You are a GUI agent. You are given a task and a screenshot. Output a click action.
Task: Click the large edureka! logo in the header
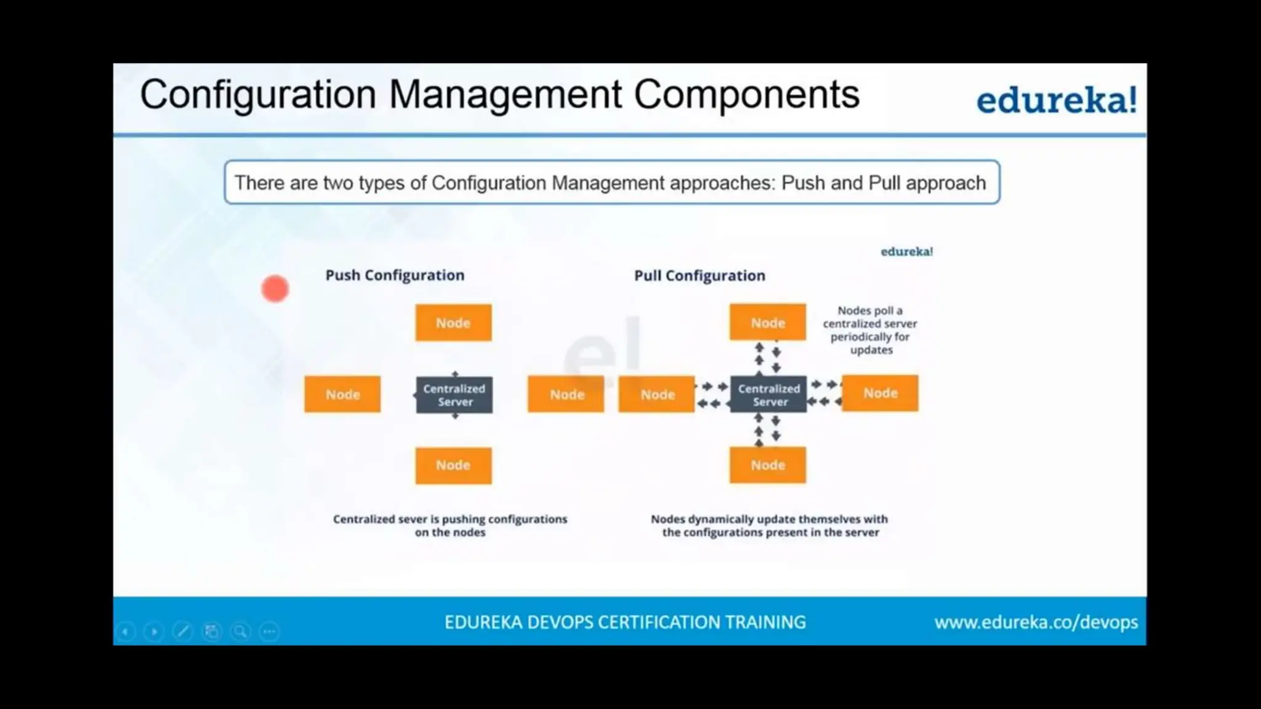(1056, 100)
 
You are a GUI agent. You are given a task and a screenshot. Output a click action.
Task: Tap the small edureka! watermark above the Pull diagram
(906, 252)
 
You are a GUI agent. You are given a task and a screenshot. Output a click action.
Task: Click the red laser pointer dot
(275, 289)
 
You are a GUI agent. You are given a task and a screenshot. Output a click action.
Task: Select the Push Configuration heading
(395, 275)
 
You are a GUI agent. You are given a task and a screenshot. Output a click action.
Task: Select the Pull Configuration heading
(699, 276)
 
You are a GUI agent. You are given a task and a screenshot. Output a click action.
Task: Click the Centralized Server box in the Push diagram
(454, 395)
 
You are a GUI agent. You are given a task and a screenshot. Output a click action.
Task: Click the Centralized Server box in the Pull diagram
(768, 395)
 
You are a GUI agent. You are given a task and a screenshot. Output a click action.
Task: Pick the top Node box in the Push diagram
(453, 322)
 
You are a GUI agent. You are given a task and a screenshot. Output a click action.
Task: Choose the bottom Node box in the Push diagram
(453, 465)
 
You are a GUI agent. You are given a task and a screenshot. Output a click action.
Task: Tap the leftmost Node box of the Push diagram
(342, 395)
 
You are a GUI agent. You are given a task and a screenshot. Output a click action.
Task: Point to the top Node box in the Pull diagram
(768, 322)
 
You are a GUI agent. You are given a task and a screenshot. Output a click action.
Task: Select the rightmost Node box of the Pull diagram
(880, 393)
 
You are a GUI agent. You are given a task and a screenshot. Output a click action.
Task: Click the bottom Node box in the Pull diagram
(768, 465)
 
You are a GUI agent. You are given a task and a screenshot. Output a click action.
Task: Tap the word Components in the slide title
(746, 95)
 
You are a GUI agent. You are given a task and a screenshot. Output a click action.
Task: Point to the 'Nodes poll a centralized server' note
(870, 330)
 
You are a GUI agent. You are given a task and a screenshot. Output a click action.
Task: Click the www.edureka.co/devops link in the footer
(1036, 622)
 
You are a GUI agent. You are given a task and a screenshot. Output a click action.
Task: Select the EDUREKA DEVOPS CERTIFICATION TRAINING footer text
(625, 622)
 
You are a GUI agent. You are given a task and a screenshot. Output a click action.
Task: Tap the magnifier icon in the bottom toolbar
(240, 631)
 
